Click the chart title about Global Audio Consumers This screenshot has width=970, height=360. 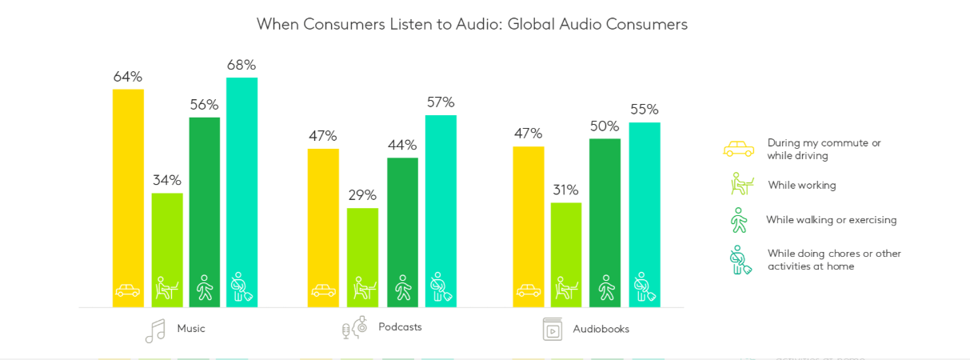click(472, 24)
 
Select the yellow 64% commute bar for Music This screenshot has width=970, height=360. click(128, 192)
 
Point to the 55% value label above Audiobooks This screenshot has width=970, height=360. click(645, 110)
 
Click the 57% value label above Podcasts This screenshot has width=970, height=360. click(441, 102)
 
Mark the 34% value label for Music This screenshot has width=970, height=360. click(167, 181)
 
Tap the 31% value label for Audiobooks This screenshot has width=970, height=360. click(566, 190)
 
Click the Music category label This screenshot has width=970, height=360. click(191, 329)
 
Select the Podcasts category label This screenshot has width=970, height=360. click(400, 327)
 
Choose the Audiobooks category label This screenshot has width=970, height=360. click(601, 329)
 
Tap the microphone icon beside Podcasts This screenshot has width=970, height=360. click(354, 328)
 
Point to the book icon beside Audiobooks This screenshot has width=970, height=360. click(553, 329)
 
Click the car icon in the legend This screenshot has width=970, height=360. click(738, 149)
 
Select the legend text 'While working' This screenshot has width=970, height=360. click(802, 186)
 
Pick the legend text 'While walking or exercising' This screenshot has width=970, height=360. click(832, 220)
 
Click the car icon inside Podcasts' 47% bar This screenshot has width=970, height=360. click(323, 290)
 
